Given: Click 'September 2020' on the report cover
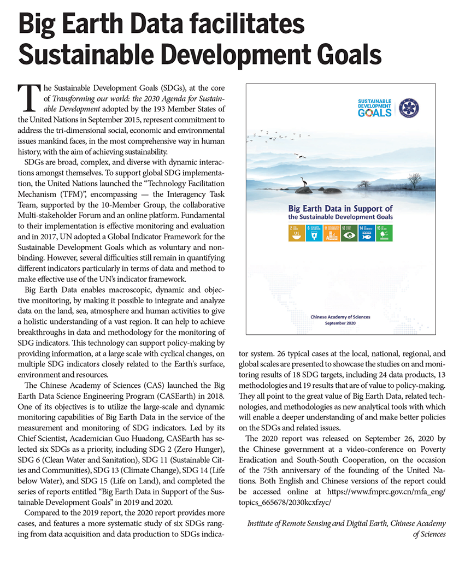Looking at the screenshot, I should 340,323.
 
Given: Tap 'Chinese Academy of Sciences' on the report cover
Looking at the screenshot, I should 340,317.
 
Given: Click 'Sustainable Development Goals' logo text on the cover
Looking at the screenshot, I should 374,108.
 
